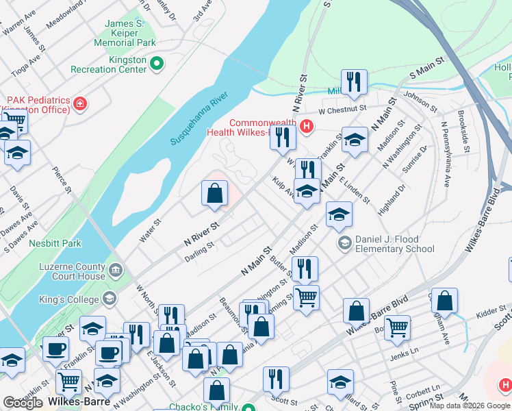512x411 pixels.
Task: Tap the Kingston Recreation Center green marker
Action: (x=157, y=64)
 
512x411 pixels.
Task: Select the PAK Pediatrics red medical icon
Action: (x=80, y=104)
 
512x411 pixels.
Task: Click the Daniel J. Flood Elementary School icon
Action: (x=345, y=243)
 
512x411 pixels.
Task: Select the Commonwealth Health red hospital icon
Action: (x=307, y=127)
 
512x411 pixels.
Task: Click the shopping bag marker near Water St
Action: (x=215, y=194)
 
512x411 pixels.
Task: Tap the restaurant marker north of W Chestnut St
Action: (x=354, y=82)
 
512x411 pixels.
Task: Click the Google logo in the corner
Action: (x=23, y=403)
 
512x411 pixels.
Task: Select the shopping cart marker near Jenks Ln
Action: (x=397, y=327)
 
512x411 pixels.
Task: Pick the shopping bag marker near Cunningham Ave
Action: (x=444, y=300)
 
